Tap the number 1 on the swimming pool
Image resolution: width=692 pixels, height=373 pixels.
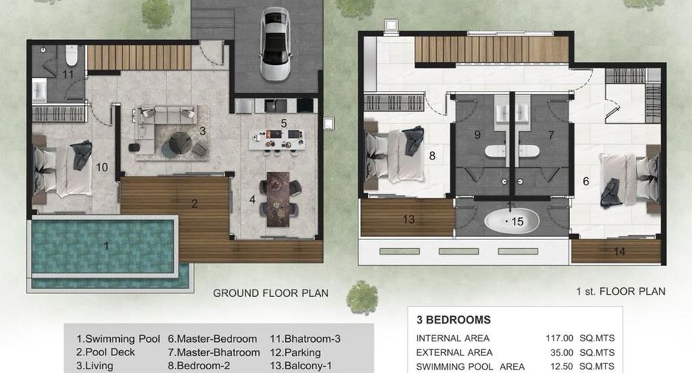click(106, 245)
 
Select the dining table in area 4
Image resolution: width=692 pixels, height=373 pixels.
click(278, 199)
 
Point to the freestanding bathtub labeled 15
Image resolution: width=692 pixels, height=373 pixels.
click(512, 220)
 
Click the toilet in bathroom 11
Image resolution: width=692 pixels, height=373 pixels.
click(71, 55)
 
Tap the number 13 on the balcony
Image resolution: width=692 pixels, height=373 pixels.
click(409, 219)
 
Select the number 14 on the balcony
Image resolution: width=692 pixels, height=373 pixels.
click(620, 252)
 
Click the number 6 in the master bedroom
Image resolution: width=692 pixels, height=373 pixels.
click(586, 181)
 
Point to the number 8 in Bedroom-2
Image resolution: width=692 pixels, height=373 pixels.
click(432, 156)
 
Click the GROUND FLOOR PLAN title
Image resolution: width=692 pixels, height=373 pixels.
click(271, 293)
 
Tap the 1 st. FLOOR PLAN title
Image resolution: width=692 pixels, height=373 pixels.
click(620, 292)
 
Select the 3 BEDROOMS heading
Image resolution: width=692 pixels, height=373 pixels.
click(453, 320)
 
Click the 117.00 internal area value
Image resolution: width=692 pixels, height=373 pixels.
click(559, 338)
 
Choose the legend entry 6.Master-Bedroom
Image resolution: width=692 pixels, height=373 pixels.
click(212, 339)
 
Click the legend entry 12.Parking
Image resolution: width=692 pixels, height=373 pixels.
click(295, 353)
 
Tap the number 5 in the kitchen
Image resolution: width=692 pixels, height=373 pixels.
click(284, 123)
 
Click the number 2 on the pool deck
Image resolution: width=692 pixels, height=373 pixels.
click(194, 204)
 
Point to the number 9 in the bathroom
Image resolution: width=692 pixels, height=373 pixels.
click(477, 134)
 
